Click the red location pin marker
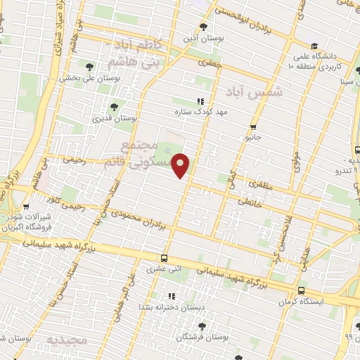coord(181,165)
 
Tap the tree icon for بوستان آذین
coord(204,27)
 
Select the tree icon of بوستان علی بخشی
coord(89,67)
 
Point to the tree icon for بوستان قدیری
coord(115,108)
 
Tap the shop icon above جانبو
coord(253,127)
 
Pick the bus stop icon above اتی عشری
coord(164,258)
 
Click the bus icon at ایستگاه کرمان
coord(301,290)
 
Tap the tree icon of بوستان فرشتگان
coord(202,326)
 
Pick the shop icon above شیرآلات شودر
coord(26,207)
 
